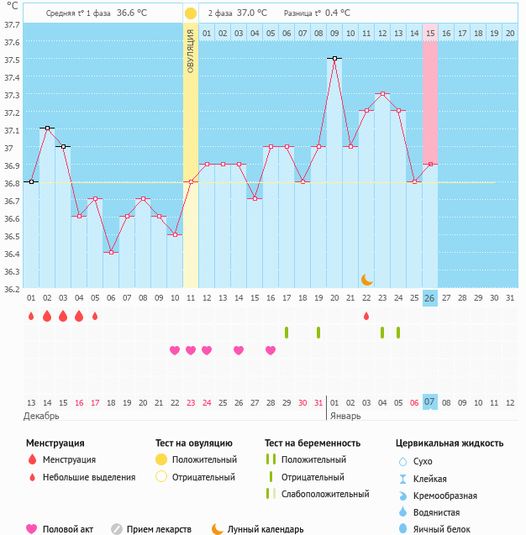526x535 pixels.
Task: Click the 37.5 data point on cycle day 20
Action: coord(334,59)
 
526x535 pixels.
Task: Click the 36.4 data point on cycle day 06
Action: coord(111,252)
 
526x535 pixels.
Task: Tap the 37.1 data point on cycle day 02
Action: coord(47,129)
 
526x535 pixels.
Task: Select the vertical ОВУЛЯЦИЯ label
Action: coord(191,51)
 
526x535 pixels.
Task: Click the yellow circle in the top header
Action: coord(191,13)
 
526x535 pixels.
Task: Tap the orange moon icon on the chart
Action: coord(366,279)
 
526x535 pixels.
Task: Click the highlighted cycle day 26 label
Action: coord(430,298)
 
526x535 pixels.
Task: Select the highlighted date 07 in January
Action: coord(430,402)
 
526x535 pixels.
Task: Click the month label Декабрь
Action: coord(42,416)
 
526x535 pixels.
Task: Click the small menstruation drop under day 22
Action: coord(366,316)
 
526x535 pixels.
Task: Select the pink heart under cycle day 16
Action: coord(271,350)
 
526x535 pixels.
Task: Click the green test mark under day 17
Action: coord(287,333)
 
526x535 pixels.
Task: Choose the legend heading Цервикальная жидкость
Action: coord(450,443)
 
